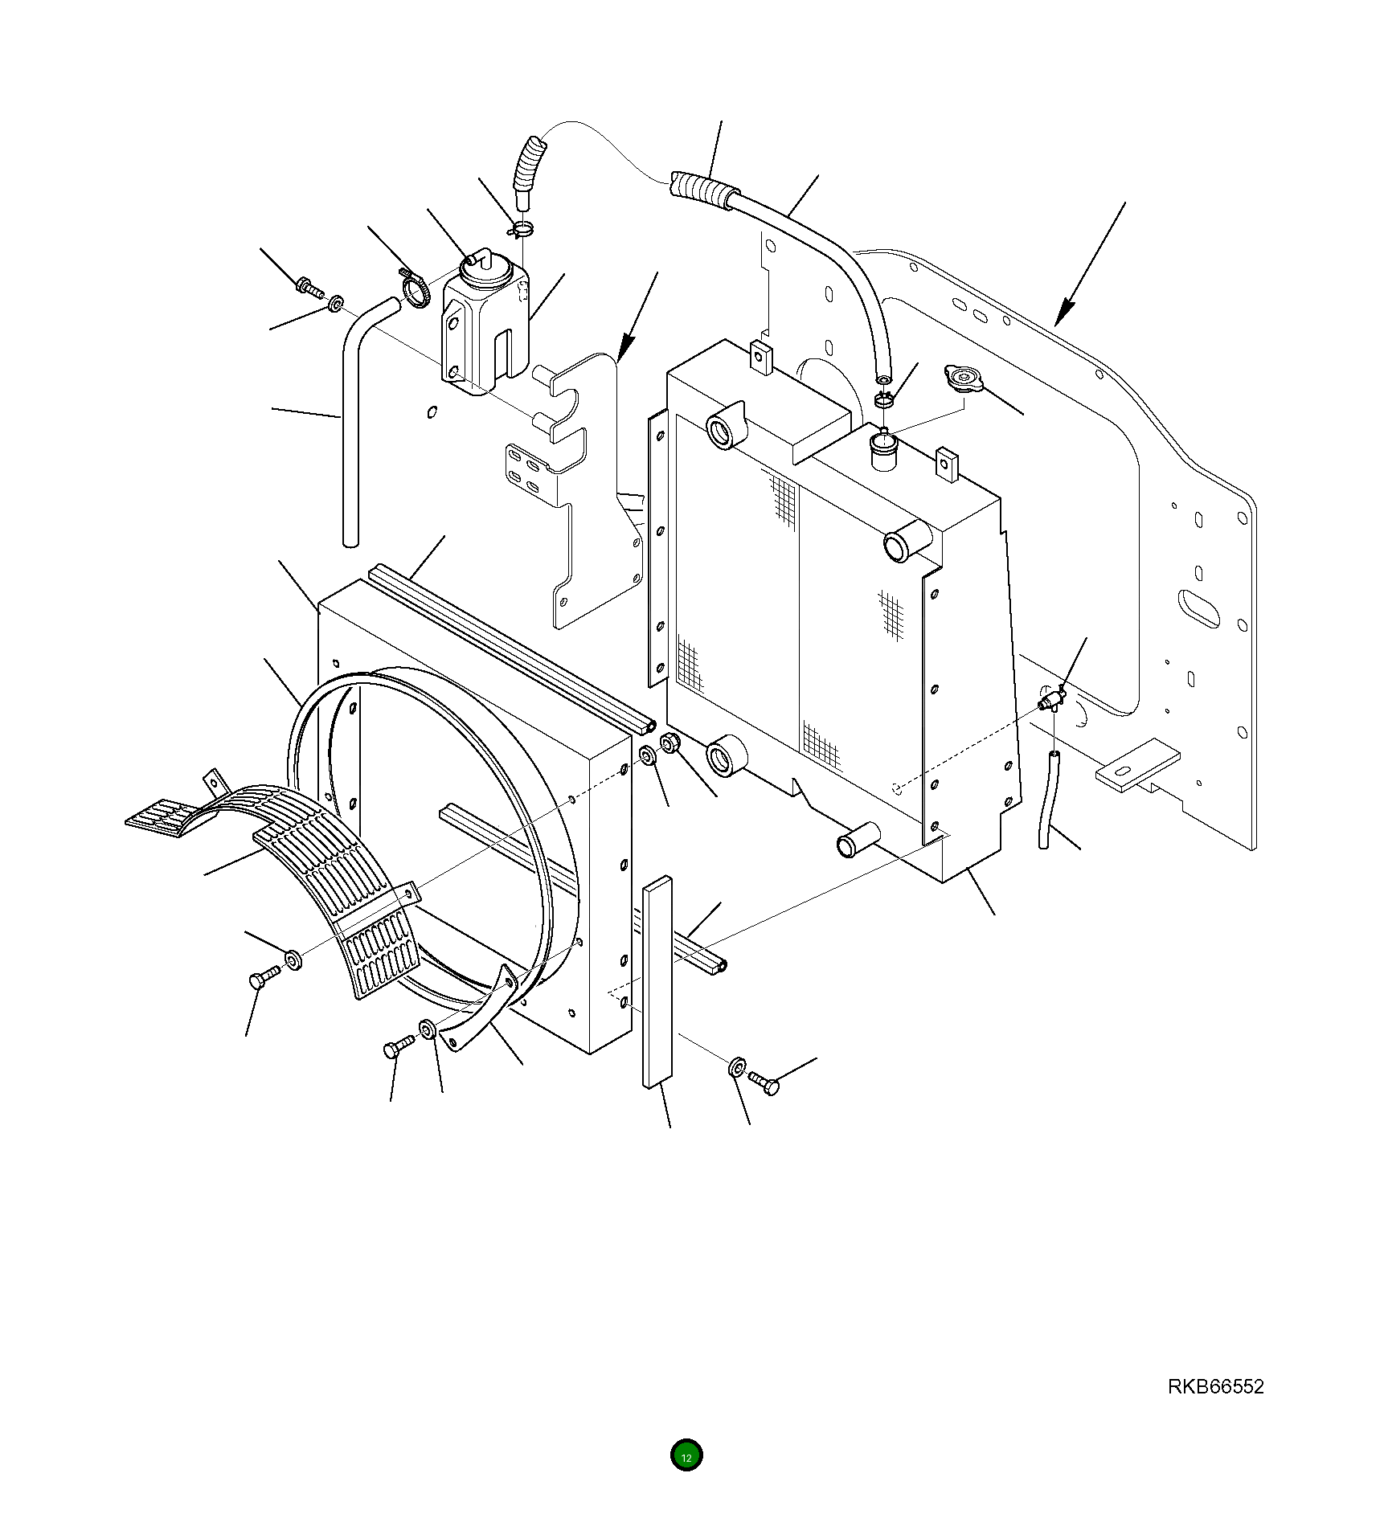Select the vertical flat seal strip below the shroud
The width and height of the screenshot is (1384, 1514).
coord(656,980)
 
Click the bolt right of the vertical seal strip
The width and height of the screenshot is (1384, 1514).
coord(764,1082)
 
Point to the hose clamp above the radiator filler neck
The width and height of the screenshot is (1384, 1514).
coord(884,398)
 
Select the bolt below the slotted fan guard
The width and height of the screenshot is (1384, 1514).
coord(264,978)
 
